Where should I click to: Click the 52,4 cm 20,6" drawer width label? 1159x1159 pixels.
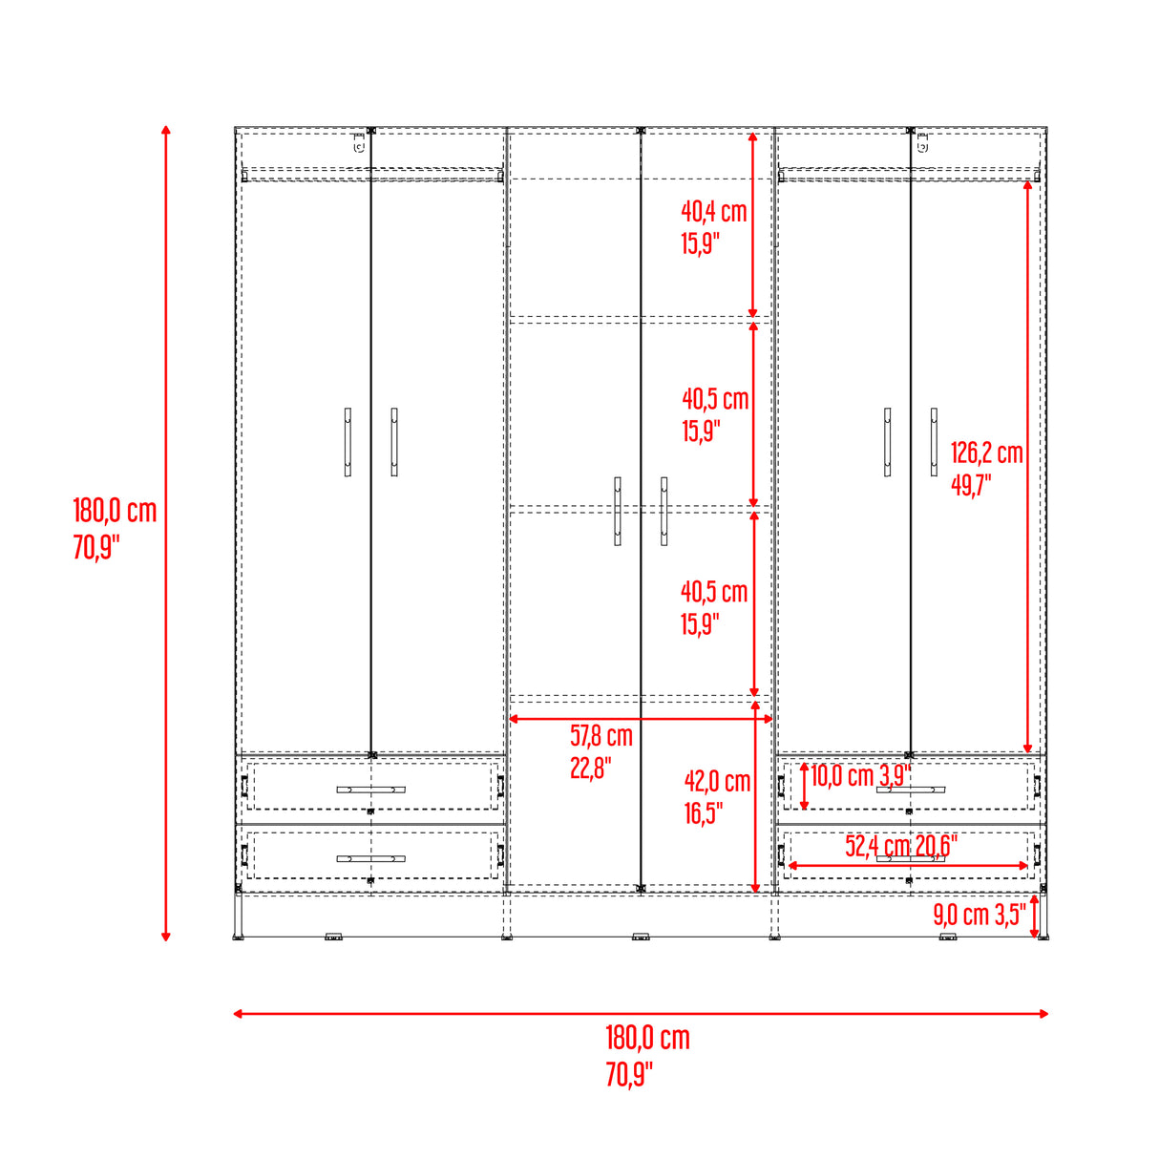point(900,845)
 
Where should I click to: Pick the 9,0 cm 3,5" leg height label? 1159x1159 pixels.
point(979,915)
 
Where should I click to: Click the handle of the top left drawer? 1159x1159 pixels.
point(370,790)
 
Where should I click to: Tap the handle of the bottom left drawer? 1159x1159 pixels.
point(370,858)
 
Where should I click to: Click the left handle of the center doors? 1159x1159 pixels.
point(618,511)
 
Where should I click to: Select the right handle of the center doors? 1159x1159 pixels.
point(664,511)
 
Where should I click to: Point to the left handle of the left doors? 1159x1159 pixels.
point(348,442)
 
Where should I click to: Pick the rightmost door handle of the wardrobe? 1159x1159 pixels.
point(934,442)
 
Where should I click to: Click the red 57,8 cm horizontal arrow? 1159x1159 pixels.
point(640,718)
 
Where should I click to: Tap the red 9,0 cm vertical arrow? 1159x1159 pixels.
point(1035,917)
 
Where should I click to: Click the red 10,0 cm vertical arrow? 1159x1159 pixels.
point(804,787)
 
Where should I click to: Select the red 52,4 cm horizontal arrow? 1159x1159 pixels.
point(907,866)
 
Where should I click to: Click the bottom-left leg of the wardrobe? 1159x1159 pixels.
point(239,917)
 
